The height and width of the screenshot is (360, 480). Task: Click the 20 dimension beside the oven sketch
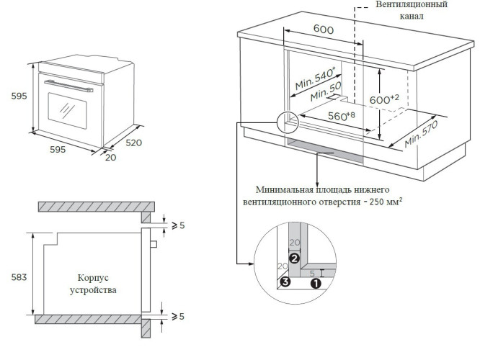click(110, 157)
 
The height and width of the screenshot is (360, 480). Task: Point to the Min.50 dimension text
click(326, 91)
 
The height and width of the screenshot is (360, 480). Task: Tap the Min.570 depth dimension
click(421, 131)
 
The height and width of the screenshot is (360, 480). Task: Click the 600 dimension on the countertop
click(324, 30)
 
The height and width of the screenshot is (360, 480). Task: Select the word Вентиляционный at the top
click(411, 5)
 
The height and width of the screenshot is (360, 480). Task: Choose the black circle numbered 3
click(285, 282)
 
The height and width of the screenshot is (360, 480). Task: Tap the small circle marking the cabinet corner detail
click(286, 122)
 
